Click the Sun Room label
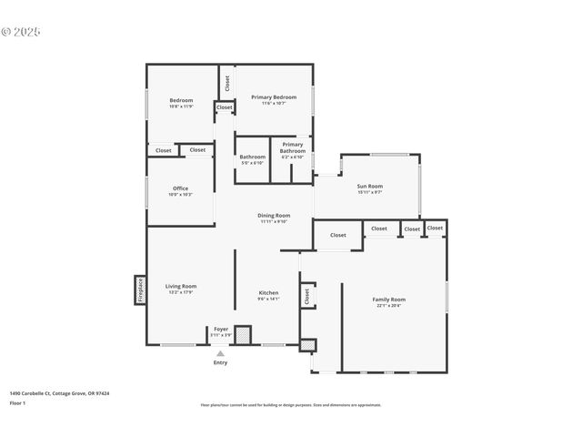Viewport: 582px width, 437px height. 369,186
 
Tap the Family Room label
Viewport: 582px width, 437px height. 389,300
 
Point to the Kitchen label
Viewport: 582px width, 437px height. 268,292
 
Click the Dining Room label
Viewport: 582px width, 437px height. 274,215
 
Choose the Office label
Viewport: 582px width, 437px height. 181,188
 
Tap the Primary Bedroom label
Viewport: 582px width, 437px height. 274,97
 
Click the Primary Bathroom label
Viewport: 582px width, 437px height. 293,147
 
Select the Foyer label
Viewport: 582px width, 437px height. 221,329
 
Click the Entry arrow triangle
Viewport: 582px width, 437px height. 220,353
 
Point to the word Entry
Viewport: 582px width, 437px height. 220,362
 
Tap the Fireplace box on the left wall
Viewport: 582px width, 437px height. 141,290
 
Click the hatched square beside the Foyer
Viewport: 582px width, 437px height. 243,334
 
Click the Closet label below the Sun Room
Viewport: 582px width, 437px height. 338,235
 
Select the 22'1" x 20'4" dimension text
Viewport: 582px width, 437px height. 389,306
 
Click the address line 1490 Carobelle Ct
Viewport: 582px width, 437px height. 59,393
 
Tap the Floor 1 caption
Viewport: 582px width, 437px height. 17,402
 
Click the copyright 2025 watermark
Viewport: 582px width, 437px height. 21,32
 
